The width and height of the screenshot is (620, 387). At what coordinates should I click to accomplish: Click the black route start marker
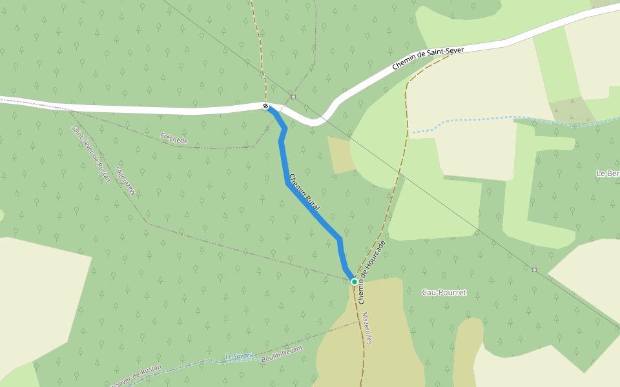[265, 106]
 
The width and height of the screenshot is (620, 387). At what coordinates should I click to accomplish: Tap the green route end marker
[354, 282]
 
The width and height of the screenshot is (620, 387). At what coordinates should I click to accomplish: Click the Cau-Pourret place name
[444, 292]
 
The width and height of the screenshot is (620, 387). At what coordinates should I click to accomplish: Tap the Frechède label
[174, 138]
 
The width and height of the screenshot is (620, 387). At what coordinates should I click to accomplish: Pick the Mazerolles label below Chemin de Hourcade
[367, 328]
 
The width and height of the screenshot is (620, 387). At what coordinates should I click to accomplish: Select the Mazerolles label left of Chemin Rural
[127, 181]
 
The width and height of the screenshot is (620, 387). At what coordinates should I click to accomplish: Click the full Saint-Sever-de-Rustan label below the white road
[91, 154]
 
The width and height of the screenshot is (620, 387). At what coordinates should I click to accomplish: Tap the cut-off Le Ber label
[608, 173]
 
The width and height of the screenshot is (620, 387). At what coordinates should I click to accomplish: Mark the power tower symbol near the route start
[294, 97]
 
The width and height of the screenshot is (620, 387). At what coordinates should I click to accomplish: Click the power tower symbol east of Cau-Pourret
[534, 270]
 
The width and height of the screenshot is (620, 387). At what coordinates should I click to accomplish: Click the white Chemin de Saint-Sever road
[129, 108]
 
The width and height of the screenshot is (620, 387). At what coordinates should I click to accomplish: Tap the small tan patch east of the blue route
[340, 155]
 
